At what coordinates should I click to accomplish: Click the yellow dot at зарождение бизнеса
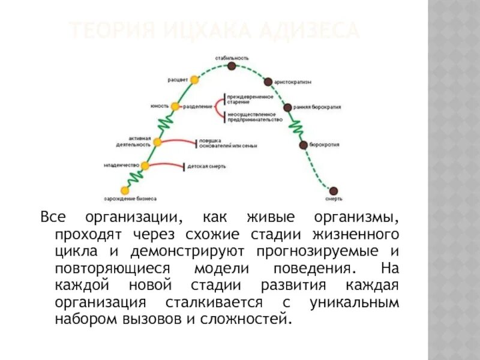point(124,190)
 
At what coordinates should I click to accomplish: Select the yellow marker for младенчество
point(145,165)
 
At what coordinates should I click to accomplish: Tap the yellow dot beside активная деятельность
point(157,142)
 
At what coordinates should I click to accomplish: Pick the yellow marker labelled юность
point(175,106)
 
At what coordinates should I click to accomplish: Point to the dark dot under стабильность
point(232,65)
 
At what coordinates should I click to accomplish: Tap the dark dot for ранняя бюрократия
point(288,107)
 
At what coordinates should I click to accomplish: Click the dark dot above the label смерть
point(334,190)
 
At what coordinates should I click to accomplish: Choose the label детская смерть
point(206,166)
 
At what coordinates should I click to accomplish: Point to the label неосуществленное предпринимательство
point(254,116)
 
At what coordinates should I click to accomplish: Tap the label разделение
point(197,107)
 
